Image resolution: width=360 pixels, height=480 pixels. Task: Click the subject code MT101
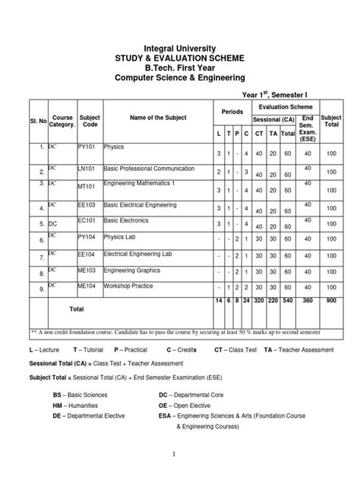(x=89, y=183)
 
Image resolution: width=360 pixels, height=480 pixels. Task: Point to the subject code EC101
(x=89, y=223)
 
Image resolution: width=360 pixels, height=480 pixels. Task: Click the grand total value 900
(x=331, y=301)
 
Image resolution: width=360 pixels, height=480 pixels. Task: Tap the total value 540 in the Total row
(x=288, y=301)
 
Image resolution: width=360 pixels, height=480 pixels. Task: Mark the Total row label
(x=77, y=310)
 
